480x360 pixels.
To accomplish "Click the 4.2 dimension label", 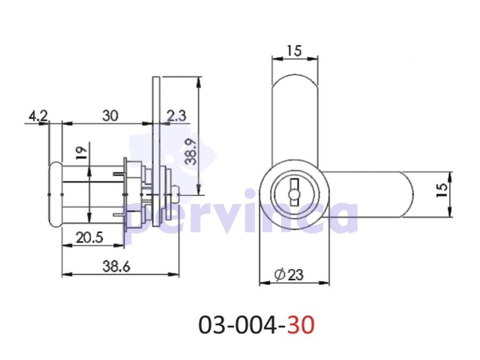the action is point(38,116).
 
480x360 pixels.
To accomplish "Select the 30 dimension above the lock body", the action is point(110,116).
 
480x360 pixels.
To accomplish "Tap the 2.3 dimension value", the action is point(177,116).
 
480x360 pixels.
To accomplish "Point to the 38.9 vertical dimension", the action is point(191,151).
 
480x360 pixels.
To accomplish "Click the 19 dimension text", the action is point(82,153).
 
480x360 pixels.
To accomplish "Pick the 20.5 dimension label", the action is point(90,237).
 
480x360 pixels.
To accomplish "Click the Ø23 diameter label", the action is point(289,275).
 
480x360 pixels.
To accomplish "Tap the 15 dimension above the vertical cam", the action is point(294,51).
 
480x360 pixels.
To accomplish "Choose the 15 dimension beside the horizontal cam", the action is point(442,190).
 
